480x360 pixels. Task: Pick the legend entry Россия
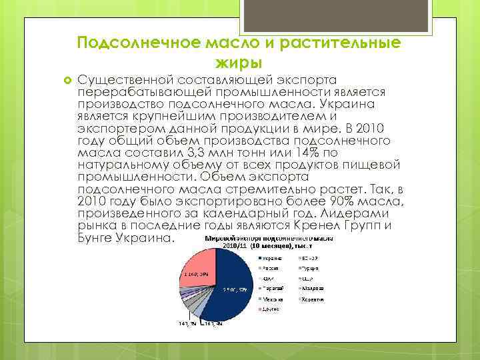pyautogui.click(x=270, y=272)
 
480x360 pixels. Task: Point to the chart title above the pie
pyautogui.click(x=264, y=241)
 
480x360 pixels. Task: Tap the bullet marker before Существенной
pyautogui.click(x=67, y=81)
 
